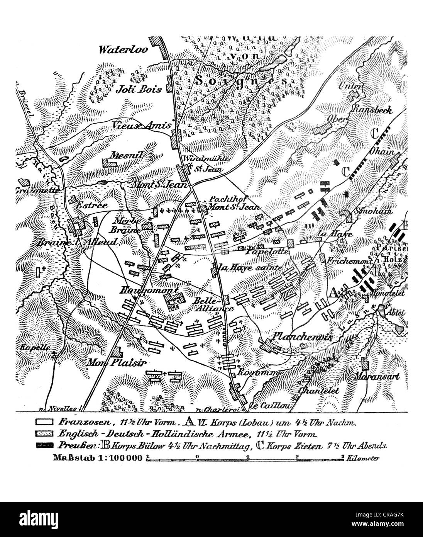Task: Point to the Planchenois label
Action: click(302, 336)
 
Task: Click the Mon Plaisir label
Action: click(108, 362)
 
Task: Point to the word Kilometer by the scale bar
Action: click(363, 459)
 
